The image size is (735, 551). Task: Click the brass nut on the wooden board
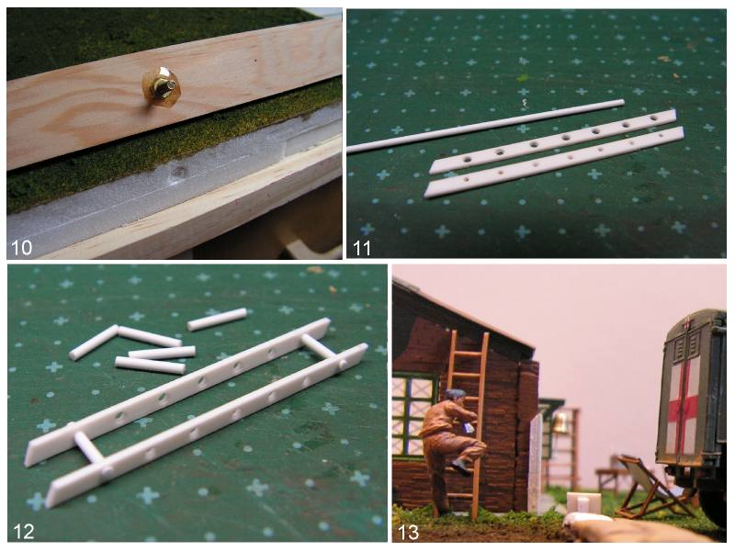click(x=160, y=87)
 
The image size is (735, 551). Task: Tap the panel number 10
click(x=21, y=247)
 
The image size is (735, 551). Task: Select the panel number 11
click(x=361, y=248)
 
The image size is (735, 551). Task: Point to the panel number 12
click(x=24, y=532)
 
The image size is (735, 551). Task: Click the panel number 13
click(x=408, y=533)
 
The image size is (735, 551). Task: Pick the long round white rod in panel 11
click(x=486, y=126)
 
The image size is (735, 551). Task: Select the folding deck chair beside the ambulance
click(x=651, y=488)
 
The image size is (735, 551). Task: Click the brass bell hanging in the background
click(x=560, y=422)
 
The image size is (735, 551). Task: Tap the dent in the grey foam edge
click(x=177, y=171)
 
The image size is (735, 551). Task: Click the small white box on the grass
click(x=583, y=502)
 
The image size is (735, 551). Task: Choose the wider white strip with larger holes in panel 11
click(x=553, y=141)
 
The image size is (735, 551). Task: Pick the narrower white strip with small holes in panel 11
click(x=554, y=162)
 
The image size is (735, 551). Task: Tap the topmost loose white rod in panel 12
click(x=217, y=319)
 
